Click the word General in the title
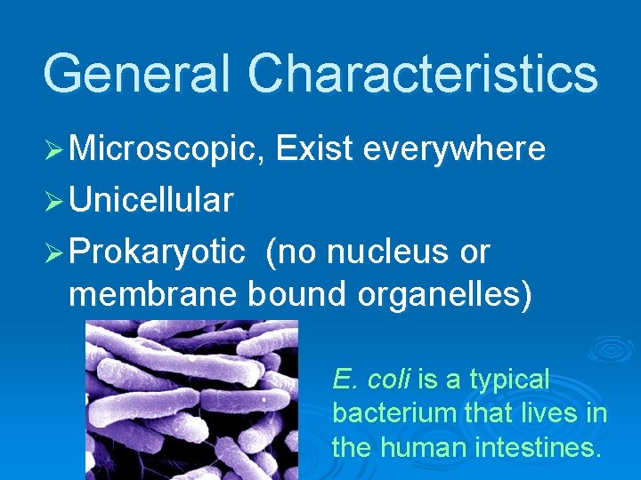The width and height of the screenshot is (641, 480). click(x=138, y=74)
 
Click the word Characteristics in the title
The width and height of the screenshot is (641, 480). click(x=423, y=74)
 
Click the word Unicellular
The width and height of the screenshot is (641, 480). click(x=150, y=201)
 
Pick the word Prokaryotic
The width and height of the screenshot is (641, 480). click(x=156, y=252)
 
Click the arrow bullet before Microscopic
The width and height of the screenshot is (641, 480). click(x=53, y=150)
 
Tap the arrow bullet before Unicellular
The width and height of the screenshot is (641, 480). click(x=53, y=202)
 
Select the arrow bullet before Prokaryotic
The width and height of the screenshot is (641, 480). click(x=53, y=253)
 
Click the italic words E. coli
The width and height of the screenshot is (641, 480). click(x=370, y=380)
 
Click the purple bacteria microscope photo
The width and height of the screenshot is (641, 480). click(x=191, y=400)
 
